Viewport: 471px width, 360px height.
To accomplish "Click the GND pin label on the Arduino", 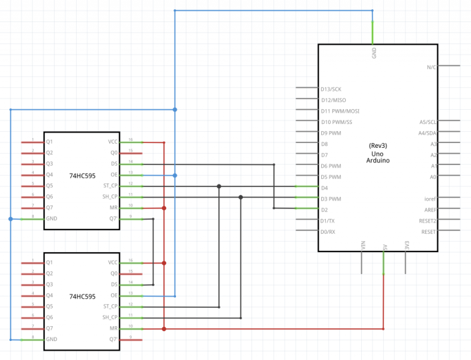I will pos(374,53).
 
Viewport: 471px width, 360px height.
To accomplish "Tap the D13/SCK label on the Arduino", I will pos(331,89).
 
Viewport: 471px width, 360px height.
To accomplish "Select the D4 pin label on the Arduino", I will pos(324,188).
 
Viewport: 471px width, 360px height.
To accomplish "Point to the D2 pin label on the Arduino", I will pos(324,210).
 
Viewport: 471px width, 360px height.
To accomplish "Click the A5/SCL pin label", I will pos(427,122).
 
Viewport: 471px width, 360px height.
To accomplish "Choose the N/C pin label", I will pos(432,67).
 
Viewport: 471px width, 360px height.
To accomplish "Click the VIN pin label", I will pos(362,245).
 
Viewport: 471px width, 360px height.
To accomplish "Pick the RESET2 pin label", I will pos(427,221).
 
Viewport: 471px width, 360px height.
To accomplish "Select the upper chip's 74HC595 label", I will pos(82,175).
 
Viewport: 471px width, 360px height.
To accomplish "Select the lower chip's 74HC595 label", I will pos(82,296).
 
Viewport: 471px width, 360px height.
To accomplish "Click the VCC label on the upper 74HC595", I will pos(113,142).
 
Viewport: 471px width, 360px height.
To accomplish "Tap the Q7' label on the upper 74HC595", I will pos(113,219).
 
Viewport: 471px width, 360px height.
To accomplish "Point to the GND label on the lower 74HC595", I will pos(52,339).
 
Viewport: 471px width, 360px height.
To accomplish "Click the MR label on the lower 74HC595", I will pos(114,329).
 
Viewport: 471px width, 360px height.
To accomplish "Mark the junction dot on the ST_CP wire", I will pos(219,186).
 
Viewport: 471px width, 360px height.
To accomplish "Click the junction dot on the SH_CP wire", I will pos(240,197).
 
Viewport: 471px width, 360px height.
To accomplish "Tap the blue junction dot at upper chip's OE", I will pos(175,175).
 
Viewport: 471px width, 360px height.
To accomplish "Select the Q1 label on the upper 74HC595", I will pos(50,142).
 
